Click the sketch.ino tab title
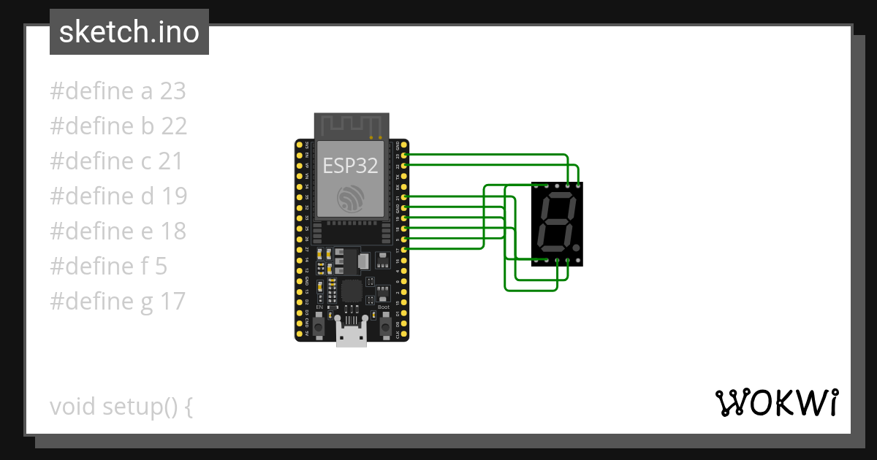pos(129,32)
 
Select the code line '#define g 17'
pos(118,301)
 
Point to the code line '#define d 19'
pos(118,196)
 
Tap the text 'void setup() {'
pos(121,406)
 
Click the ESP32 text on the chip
pos(350,166)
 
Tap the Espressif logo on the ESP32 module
pos(350,199)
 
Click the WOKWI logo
pos(776,403)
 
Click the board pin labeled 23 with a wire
pos(405,155)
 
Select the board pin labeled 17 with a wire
pos(405,249)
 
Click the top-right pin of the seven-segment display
pos(579,185)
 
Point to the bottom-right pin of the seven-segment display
pos(579,259)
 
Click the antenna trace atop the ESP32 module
pos(352,125)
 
